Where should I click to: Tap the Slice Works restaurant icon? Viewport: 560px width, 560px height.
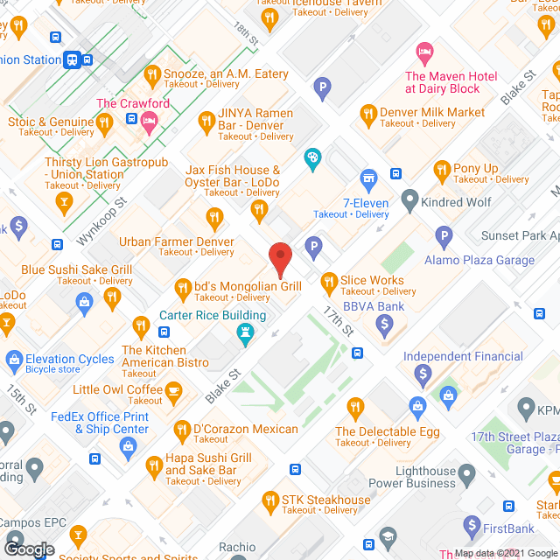coord(329,282)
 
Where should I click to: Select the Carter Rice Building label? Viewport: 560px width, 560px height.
coord(213,316)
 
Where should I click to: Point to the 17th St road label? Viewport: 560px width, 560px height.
coord(337,322)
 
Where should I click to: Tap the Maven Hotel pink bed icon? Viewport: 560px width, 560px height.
coord(424,52)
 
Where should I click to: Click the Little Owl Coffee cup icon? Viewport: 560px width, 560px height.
coord(174,389)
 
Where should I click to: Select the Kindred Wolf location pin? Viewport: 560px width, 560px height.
coord(409,201)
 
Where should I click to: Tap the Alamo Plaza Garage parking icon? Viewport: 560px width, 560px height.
coord(444,234)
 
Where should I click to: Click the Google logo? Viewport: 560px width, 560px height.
coord(29,549)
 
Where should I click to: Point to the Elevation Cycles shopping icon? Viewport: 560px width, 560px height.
coord(13,359)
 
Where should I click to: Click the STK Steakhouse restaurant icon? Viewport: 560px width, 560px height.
coord(270,500)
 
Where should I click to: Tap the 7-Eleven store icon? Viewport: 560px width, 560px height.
coord(369,178)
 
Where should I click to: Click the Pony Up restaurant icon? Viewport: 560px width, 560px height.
coord(442,169)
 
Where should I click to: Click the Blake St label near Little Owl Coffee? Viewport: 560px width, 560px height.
coord(223,385)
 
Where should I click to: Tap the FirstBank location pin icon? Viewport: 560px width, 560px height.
coord(472,528)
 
